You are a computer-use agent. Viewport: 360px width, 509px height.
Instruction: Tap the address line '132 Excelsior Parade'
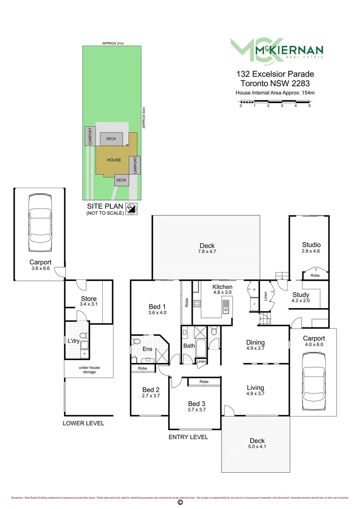click(275, 74)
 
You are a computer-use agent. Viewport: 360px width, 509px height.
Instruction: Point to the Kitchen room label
click(222, 287)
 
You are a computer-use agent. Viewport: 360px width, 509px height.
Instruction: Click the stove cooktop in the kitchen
click(196, 304)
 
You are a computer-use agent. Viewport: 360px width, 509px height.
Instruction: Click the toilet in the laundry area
click(83, 337)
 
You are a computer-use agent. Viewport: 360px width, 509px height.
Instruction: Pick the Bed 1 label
click(157, 306)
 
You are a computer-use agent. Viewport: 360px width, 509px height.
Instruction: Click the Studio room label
click(311, 245)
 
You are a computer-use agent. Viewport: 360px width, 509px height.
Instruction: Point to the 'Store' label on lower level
click(89, 299)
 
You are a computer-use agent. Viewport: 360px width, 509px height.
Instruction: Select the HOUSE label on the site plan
click(114, 160)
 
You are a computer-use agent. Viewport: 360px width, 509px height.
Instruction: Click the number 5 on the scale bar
click(310, 106)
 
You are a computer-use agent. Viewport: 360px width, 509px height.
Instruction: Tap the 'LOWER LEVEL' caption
click(83, 423)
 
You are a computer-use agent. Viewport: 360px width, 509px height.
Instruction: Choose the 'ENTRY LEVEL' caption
click(188, 437)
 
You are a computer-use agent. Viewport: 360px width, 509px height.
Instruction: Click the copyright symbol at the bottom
click(180, 502)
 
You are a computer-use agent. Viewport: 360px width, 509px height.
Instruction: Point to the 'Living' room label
click(255, 388)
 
